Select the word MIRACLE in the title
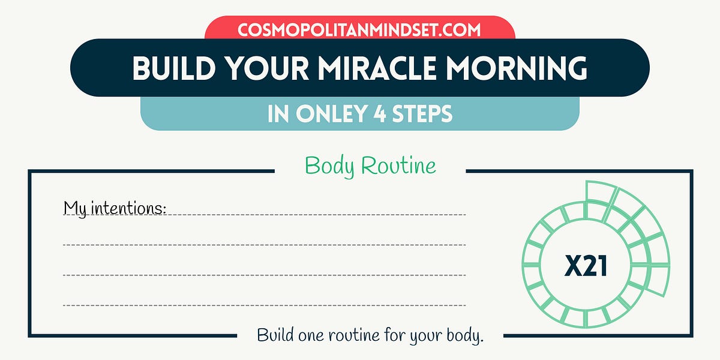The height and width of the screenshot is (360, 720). point(367,68)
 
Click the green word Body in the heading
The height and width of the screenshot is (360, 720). point(327,166)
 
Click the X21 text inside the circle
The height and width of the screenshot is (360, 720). point(586,266)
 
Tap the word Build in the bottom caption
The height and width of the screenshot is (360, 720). point(276,334)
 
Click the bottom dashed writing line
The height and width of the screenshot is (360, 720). point(264,305)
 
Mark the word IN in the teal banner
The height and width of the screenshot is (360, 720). point(278,114)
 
